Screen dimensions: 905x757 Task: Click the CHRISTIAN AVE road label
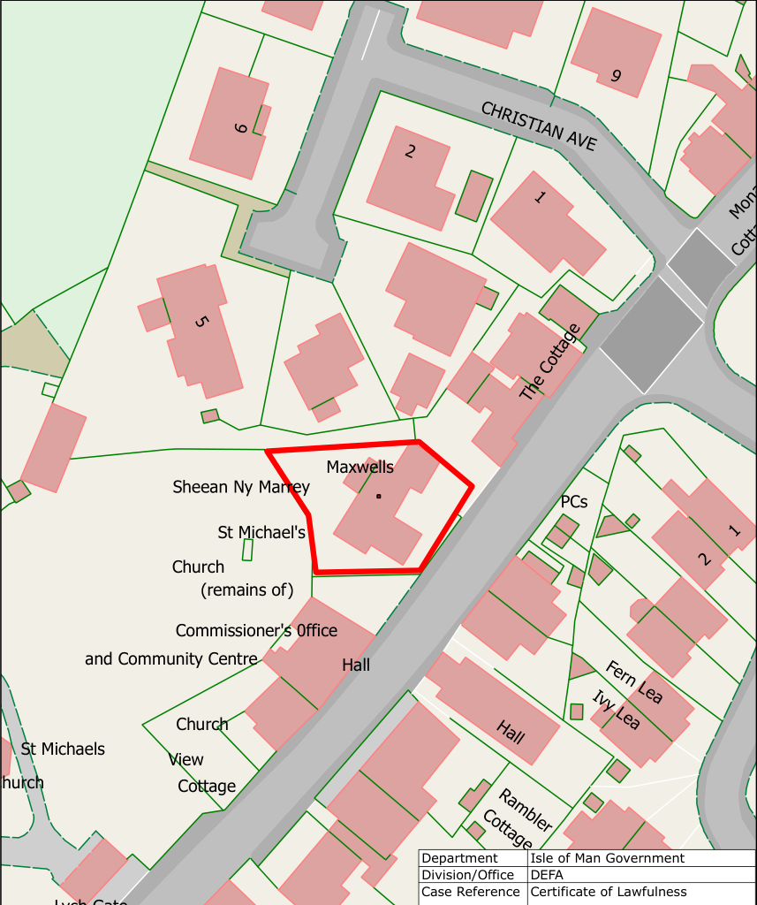click(x=539, y=126)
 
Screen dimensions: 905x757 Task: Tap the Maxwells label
click(x=360, y=467)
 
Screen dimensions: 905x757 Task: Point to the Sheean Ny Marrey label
click(x=241, y=487)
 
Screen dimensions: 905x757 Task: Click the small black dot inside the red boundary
click(x=378, y=496)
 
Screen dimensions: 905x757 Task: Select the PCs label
click(x=574, y=502)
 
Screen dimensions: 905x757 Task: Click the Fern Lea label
click(x=633, y=681)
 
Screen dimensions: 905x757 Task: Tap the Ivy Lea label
click(x=615, y=710)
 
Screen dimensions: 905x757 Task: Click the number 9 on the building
click(x=616, y=76)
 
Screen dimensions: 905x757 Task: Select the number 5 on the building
click(x=200, y=321)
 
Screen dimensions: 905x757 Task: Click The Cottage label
click(x=549, y=362)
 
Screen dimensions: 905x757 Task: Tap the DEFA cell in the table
click(x=547, y=875)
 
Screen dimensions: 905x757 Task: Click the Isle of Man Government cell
click(x=607, y=858)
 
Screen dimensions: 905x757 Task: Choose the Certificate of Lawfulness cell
click(x=609, y=892)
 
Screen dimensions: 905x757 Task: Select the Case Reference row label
click(x=471, y=892)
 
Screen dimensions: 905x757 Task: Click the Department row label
click(x=459, y=858)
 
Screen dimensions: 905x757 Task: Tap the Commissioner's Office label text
click(x=256, y=631)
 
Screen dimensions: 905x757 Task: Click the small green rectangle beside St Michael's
click(x=248, y=550)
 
